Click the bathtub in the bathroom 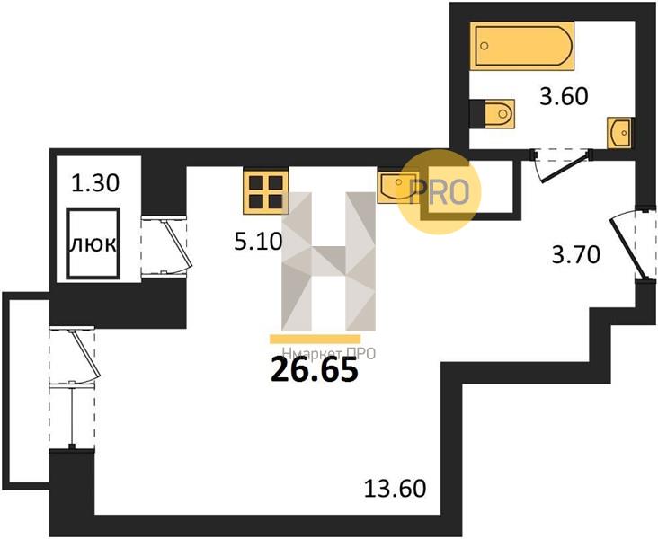point(521,45)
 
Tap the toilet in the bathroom point(493,114)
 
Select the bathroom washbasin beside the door point(619,133)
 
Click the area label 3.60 point(564,97)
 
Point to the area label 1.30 point(95,183)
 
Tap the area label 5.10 point(258,242)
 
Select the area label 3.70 point(575,255)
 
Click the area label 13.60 point(395,489)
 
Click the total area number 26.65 point(315,370)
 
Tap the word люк point(93,244)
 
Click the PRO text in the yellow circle point(439,191)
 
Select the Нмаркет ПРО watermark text point(329,354)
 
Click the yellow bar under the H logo point(316,339)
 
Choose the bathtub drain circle point(485,45)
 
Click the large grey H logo point(328,261)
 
